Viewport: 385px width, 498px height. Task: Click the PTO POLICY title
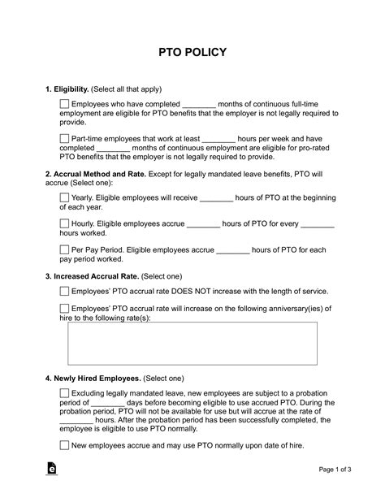coord(192,52)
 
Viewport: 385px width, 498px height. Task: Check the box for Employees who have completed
coord(65,104)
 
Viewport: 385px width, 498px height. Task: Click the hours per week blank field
coord(218,138)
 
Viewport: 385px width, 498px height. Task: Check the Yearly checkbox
coord(65,197)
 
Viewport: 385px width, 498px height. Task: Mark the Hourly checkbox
coord(65,223)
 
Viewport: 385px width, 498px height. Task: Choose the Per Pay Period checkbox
coord(65,251)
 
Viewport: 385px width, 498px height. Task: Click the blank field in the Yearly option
coord(216,197)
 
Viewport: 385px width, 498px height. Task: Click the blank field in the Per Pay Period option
coord(233,251)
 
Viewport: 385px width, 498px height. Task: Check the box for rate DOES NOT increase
coord(65,291)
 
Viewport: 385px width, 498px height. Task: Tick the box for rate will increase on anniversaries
coord(65,308)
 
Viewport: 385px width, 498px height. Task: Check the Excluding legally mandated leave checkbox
coord(65,393)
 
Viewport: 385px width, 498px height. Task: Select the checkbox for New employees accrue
coord(65,444)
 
